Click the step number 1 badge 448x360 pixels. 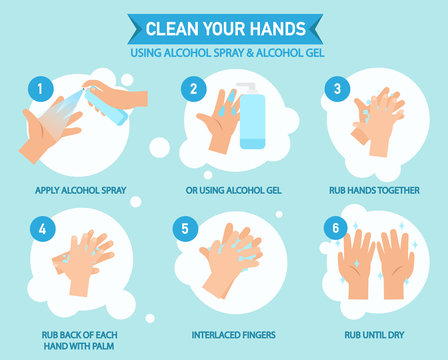point(42,88)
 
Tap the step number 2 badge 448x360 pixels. point(192,88)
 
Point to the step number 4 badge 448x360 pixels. point(42,228)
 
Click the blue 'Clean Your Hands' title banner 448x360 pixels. point(224,28)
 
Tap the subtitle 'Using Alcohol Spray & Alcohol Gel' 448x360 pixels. point(224,51)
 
